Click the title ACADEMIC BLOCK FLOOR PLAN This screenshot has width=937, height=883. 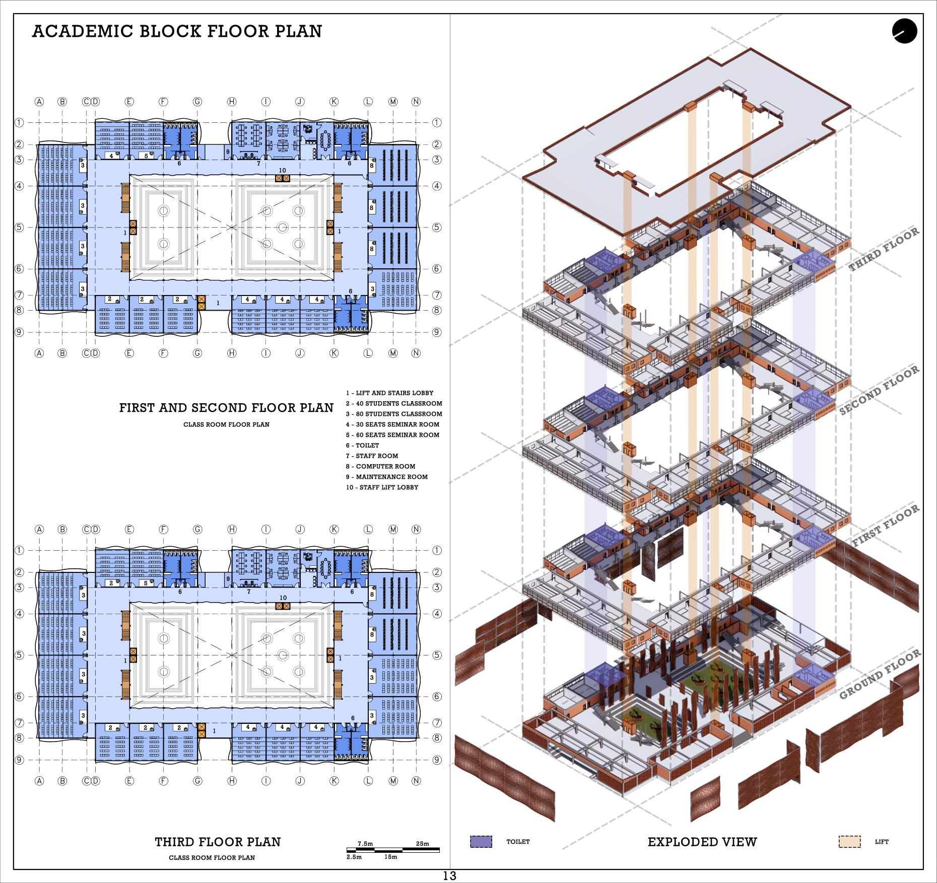[177, 31]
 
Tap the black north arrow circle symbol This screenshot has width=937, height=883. [904, 31]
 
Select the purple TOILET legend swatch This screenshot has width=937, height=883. [481, 842]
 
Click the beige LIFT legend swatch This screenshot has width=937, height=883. [849, 842]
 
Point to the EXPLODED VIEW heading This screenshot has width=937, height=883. [702, 842]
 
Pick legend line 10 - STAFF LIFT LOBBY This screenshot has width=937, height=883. [382, 487]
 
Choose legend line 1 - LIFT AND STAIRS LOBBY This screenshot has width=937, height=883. [389, 393]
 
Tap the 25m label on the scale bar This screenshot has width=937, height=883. [423, 844]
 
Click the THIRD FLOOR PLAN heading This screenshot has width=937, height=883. [218, 842]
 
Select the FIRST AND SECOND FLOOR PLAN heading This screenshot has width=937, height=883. [226, 408]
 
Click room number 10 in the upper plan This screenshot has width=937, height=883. [282, 171]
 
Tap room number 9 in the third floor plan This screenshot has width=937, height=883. [228, 579]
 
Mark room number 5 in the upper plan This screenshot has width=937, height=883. [146, 156]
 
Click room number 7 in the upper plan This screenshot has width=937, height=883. [258, 163]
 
